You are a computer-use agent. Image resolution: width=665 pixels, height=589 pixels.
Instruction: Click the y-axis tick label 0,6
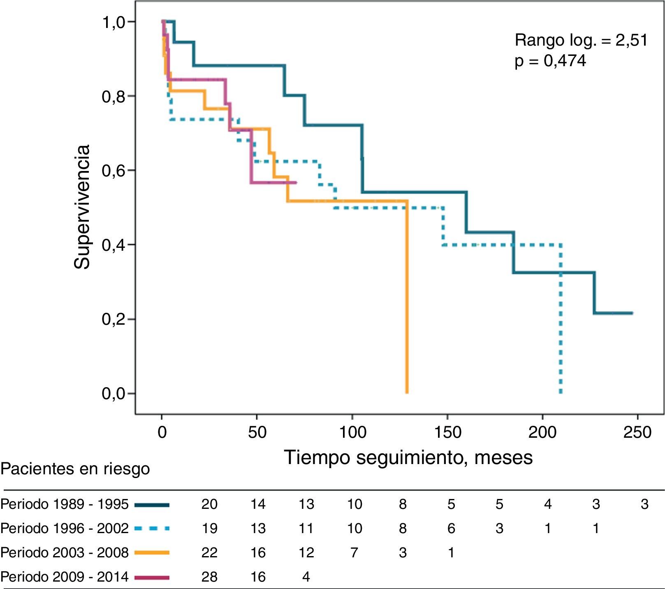(x=114, y=171)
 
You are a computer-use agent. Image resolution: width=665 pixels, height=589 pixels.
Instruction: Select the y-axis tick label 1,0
(x=114, y=22)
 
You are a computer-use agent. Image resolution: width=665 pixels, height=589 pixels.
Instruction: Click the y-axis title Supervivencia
(x=82, y=207)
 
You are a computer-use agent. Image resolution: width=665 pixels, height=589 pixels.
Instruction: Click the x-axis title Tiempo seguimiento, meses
(x=408, y=457)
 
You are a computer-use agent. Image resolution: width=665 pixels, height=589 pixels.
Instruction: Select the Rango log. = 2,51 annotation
(x=581, y=40)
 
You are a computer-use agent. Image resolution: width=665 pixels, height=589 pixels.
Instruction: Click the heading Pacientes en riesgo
(x=75, y=469)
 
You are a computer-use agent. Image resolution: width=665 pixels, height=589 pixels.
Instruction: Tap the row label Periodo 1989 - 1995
(x=65, y=504)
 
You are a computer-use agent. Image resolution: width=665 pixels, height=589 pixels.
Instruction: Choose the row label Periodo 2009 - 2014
(x=65, y=577)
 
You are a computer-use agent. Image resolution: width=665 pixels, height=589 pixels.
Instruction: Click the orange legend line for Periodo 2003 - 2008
(x=152, y=552)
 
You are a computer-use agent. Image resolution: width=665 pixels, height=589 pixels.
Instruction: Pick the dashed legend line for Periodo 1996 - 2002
(x=152, y=528)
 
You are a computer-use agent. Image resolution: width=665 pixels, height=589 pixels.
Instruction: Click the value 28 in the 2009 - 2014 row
(x=209, y=577)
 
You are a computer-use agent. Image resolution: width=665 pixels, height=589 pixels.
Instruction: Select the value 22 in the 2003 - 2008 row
(x=209, y=552)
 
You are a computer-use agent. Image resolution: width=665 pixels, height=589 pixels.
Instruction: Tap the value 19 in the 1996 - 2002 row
(x=209, y=528)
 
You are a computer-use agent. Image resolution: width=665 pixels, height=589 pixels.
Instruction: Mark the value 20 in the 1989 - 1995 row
(x=209, y=504)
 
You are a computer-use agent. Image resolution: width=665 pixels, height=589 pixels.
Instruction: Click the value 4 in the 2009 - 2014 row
(x=306, y=577)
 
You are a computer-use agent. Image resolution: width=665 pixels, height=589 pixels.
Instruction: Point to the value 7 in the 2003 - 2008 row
(x=354, y=552)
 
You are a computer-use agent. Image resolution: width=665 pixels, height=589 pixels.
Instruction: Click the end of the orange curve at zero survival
(x=407, y=393)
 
